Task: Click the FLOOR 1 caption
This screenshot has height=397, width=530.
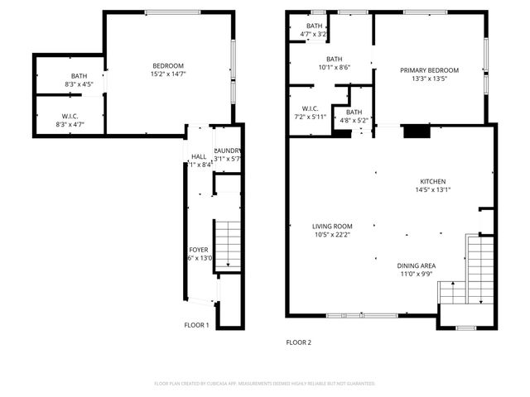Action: pos(196,325)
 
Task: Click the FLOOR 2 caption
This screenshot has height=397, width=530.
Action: pos(298,342)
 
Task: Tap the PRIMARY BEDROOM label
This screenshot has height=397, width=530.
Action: pos(429,70)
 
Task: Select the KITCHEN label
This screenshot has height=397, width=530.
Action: pos(432,181)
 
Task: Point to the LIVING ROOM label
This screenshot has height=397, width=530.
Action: pos(332,226)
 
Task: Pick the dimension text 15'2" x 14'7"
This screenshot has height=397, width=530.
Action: pos(167,74)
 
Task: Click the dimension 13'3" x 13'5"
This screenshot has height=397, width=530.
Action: pos(429,79)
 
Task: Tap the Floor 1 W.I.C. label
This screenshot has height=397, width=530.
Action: pos(70,117)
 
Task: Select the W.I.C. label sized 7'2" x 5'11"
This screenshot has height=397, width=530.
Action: pos(311,108)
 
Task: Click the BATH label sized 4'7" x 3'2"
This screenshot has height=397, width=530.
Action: pos(314,26)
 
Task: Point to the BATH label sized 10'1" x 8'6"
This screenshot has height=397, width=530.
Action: pos(334,59)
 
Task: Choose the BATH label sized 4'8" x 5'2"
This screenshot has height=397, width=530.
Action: pos(354,112)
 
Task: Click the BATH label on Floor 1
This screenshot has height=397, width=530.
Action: pos(67,76)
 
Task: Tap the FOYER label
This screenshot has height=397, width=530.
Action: pos(200,250)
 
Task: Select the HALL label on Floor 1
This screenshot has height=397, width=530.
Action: pos(199,156)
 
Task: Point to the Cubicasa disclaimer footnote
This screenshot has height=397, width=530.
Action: pos(265,384)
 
